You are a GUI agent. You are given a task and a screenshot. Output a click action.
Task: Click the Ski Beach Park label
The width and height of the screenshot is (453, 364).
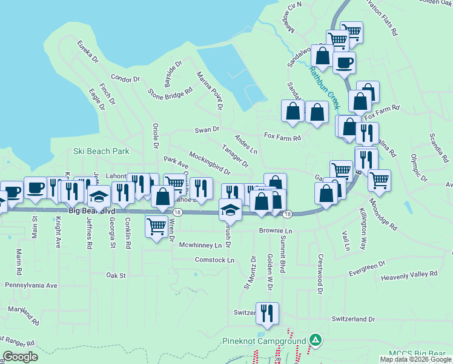coord(102,150)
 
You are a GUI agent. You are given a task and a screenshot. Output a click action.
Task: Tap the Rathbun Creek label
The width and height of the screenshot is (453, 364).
coord(325,89)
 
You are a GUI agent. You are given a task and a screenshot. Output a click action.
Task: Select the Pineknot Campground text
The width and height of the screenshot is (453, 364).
coord(263,341)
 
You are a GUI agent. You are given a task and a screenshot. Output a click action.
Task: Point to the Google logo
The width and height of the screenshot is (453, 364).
coord(21,357)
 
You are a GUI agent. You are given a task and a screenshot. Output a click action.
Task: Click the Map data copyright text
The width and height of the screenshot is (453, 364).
coord(415,359)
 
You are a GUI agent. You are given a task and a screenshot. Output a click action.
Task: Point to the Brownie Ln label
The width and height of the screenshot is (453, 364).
coord(276,231)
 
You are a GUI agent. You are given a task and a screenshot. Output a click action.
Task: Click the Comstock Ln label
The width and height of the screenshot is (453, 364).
coord(214,260)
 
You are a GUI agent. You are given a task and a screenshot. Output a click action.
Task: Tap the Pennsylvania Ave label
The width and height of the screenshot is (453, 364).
coord(31,285)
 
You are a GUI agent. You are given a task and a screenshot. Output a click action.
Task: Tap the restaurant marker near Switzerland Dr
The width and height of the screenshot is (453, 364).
coord(267,312)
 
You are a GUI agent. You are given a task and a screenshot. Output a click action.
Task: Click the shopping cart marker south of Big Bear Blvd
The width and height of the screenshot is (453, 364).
coord(157,226)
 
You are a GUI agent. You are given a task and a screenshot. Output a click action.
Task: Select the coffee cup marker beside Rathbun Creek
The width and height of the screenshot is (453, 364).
coord(344,62)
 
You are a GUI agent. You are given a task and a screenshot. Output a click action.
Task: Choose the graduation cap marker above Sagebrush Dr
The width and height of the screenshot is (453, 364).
coord(230,209)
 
